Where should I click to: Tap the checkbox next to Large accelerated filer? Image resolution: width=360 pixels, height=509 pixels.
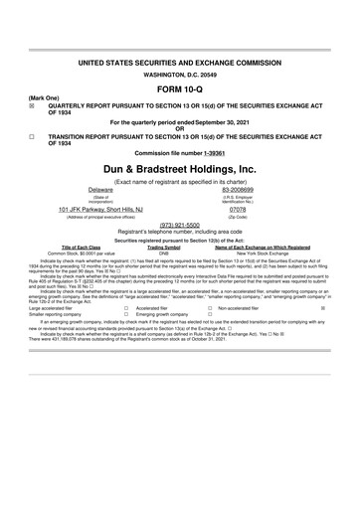coord(125,309)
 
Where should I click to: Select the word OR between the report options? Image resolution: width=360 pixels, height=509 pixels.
coord(179,129)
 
